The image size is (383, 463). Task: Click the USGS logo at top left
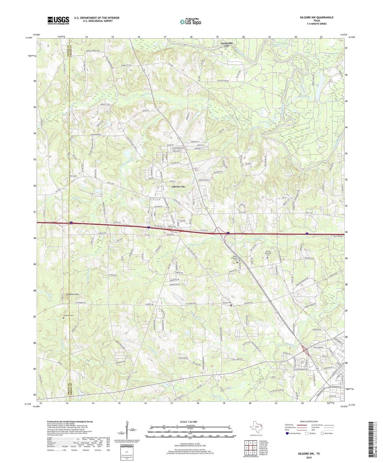point(58,20)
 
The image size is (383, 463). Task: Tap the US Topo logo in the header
point(190,22)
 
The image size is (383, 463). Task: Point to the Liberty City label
point(178,187)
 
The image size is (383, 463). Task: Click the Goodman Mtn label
point(73,294)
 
